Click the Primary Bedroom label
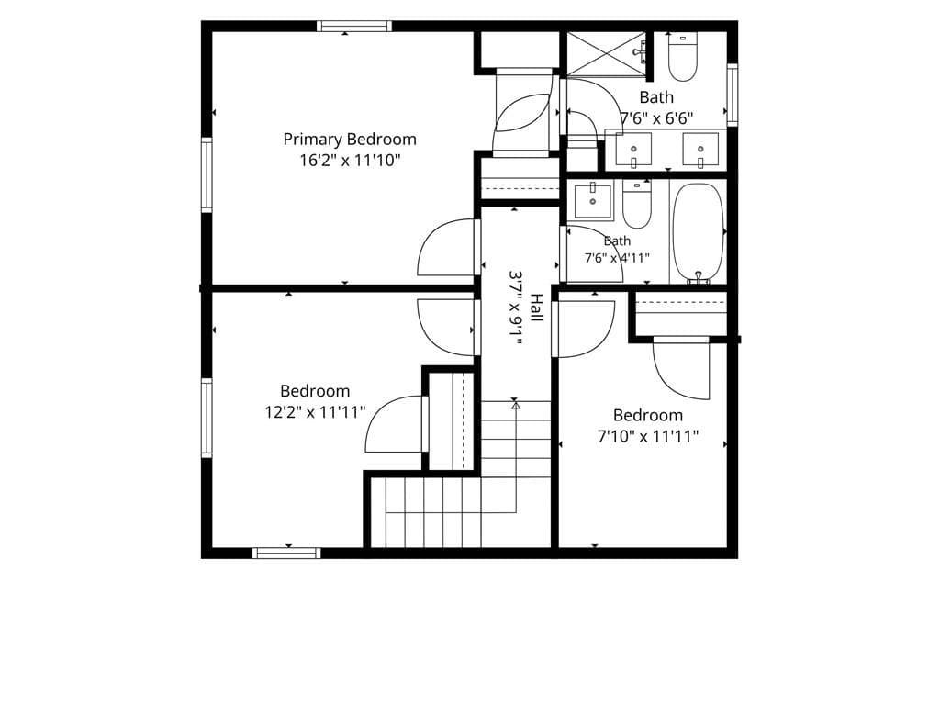pos(350,140)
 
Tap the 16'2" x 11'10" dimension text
pos(350,161)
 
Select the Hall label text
pos(536,308)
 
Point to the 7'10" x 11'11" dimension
pos(648,436)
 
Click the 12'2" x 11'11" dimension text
pos(316,412)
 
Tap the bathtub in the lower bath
pos(698,232)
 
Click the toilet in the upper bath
pos(683,57)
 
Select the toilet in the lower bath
pos(636,205)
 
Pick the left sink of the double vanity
pos(633,150)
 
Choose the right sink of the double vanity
pos(700,150)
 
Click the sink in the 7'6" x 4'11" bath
pos(593,201)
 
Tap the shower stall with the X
pos(607,54)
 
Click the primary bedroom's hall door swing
pos(446,247)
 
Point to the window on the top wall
pos(354,26)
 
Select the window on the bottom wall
pos(286,553)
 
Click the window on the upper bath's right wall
pos(732,95)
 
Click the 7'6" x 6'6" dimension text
pos(656,118)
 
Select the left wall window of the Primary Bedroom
pos(207,175)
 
